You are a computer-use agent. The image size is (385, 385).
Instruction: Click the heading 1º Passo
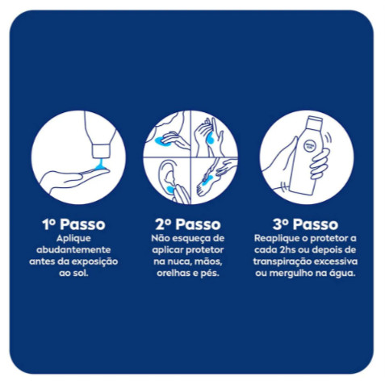73,224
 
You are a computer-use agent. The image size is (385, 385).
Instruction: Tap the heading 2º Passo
188,224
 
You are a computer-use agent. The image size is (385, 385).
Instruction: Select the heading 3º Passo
305,224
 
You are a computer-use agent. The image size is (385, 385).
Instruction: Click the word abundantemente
73,249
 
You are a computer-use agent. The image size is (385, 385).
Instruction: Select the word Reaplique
274,238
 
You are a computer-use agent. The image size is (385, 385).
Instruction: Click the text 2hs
287,249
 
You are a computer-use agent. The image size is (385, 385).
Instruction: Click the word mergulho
289,274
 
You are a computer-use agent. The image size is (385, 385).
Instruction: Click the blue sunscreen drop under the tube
101,165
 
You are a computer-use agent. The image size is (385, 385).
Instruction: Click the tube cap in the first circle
101,151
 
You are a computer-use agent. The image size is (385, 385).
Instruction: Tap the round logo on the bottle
309,145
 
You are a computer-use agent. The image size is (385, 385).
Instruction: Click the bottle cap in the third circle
315,123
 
